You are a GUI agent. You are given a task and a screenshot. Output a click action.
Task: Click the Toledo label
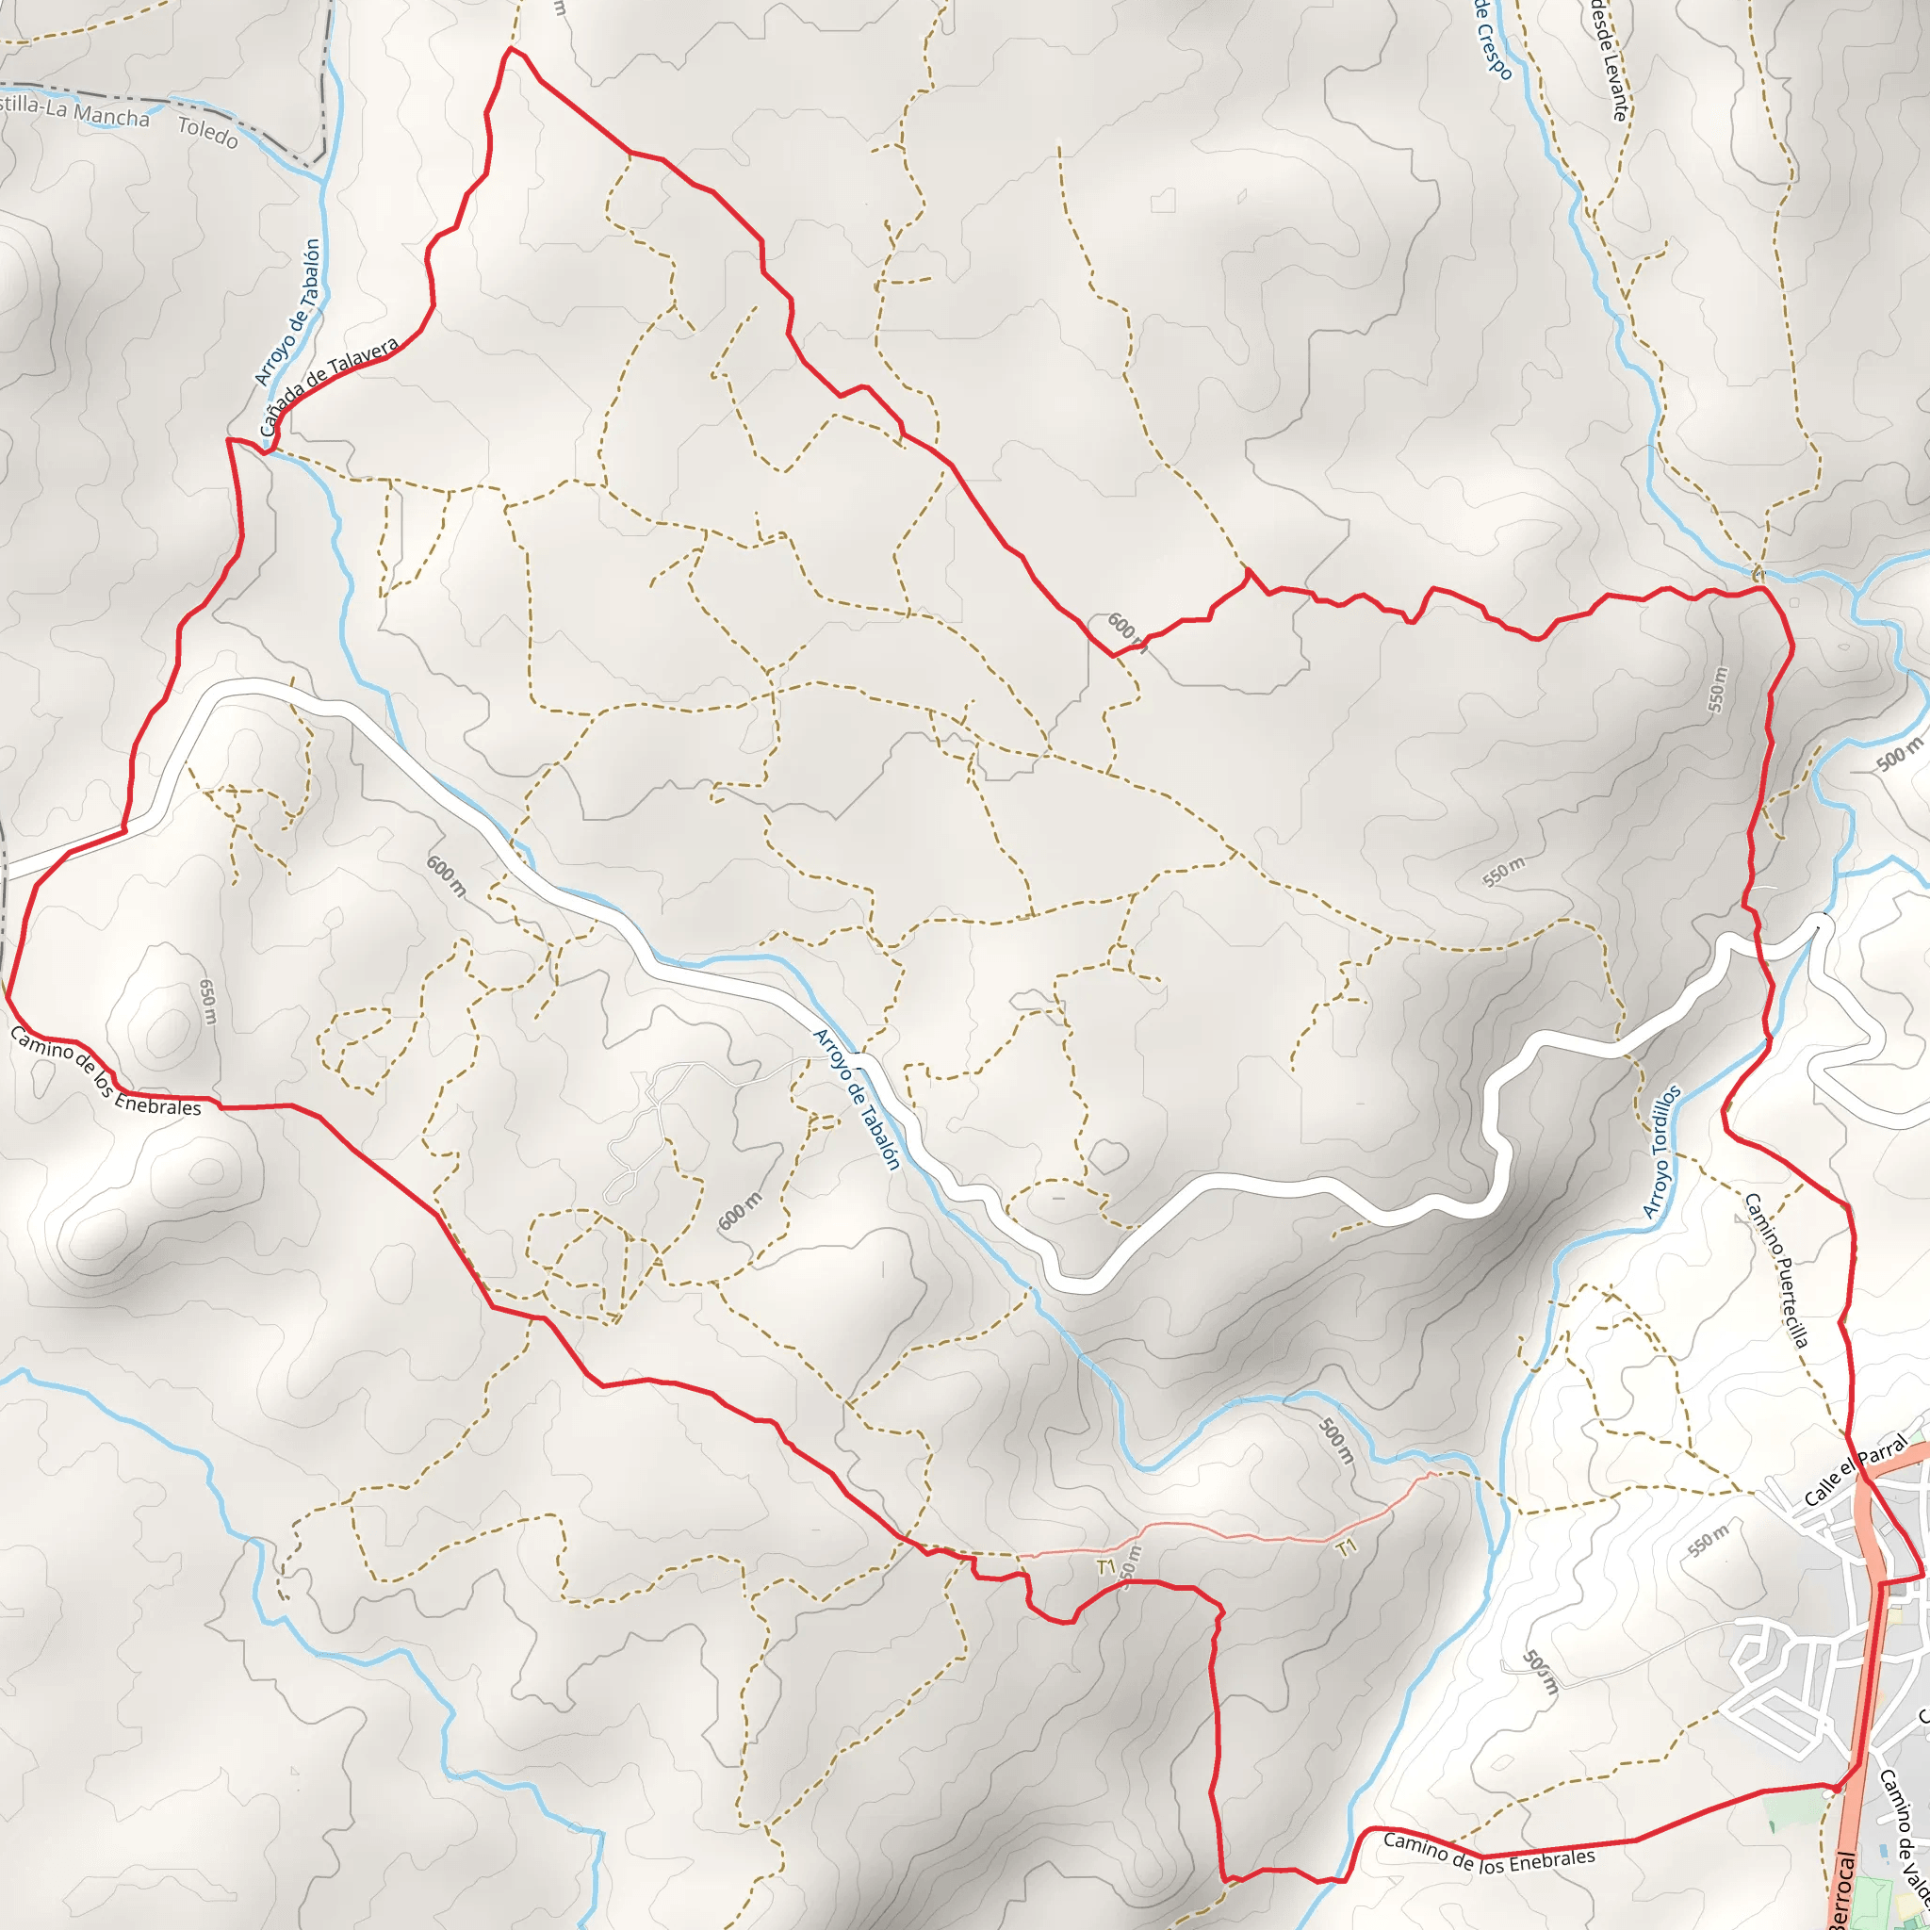point(207,132)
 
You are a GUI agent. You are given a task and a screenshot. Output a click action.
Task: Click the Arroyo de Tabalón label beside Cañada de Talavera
point(287,312)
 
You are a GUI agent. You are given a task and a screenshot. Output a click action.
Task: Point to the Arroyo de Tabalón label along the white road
point(858,1099)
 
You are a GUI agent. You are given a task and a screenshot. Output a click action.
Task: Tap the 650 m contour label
point(207,1001)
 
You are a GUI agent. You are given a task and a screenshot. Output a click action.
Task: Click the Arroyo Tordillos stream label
point(1662,1152)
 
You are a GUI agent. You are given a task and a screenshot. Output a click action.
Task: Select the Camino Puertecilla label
point(1777,1269)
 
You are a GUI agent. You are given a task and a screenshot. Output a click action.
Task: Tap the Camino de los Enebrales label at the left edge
point(106,1071)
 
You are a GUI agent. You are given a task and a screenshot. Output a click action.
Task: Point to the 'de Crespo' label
point(1495,40)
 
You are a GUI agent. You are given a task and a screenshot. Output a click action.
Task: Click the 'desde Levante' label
point(1609,60)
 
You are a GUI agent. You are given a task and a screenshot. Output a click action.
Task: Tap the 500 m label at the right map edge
point(1898,755)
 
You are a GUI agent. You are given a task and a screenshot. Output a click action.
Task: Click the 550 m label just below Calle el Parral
point(1709,1541)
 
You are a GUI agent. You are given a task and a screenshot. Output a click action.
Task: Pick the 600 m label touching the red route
point(1127,631)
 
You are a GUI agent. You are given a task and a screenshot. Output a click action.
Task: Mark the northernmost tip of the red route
point(511,47)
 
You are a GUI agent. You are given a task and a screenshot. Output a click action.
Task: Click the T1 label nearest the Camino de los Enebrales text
point(1347,1548)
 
